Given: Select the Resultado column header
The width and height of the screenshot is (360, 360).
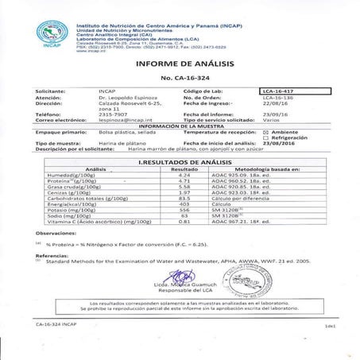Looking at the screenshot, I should pyautogui.click(x=184, y=169).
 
